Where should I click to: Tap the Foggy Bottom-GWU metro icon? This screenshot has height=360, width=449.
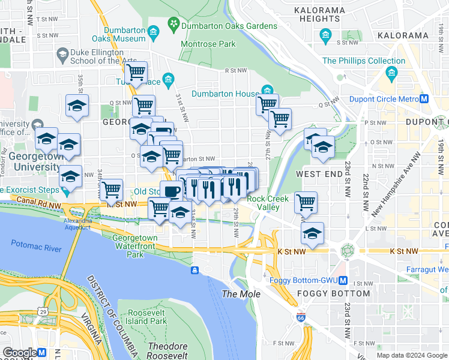(x=343, y=280)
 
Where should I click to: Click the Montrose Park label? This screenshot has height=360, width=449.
(x=209, y=44)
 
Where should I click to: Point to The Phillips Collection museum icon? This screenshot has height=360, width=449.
(x=393, y=74)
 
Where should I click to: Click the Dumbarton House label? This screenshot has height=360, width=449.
(x=225, y=94)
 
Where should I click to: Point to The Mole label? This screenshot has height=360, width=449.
(x=241, y=294)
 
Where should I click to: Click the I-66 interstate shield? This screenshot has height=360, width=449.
(x=300, y=316)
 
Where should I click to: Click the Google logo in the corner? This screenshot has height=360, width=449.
(x=19, y=352)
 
